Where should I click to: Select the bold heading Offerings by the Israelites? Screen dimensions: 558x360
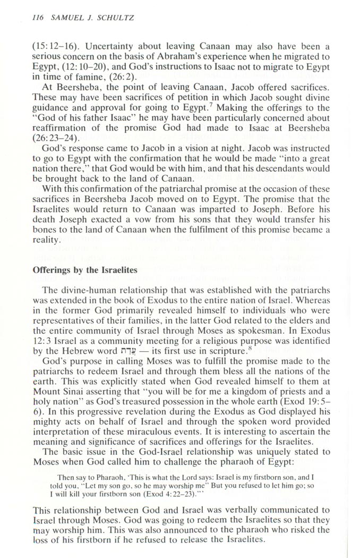pos(85,270)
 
